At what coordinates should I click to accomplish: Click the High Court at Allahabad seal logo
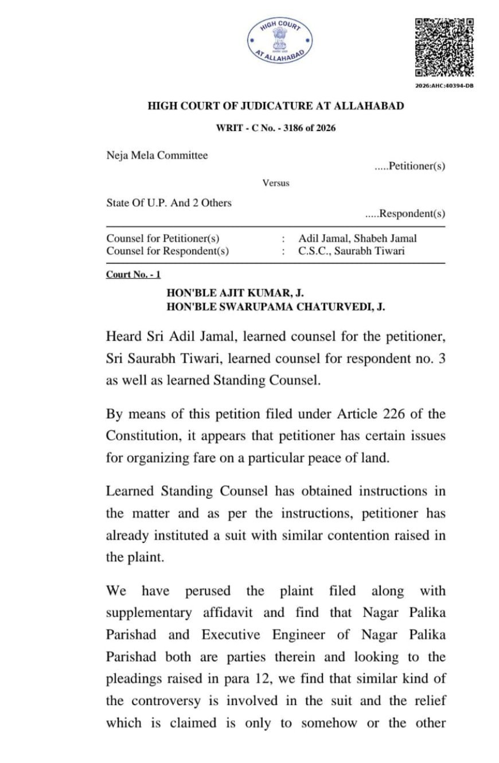pos(280,41)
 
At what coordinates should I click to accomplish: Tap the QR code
pos(445,48)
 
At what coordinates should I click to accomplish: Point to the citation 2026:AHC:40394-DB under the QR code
pos(445,86)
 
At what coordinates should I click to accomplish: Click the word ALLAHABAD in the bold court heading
pos(369,106)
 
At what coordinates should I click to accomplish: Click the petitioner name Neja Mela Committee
pos(157,155)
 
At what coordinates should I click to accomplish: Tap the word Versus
pos(276,183)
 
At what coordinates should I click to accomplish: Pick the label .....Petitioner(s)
pos(410,166)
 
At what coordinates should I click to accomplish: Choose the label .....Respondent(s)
pos(405,214)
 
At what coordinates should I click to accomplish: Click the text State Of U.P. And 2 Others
pos(169,203)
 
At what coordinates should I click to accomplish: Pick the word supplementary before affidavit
pos(149,612)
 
